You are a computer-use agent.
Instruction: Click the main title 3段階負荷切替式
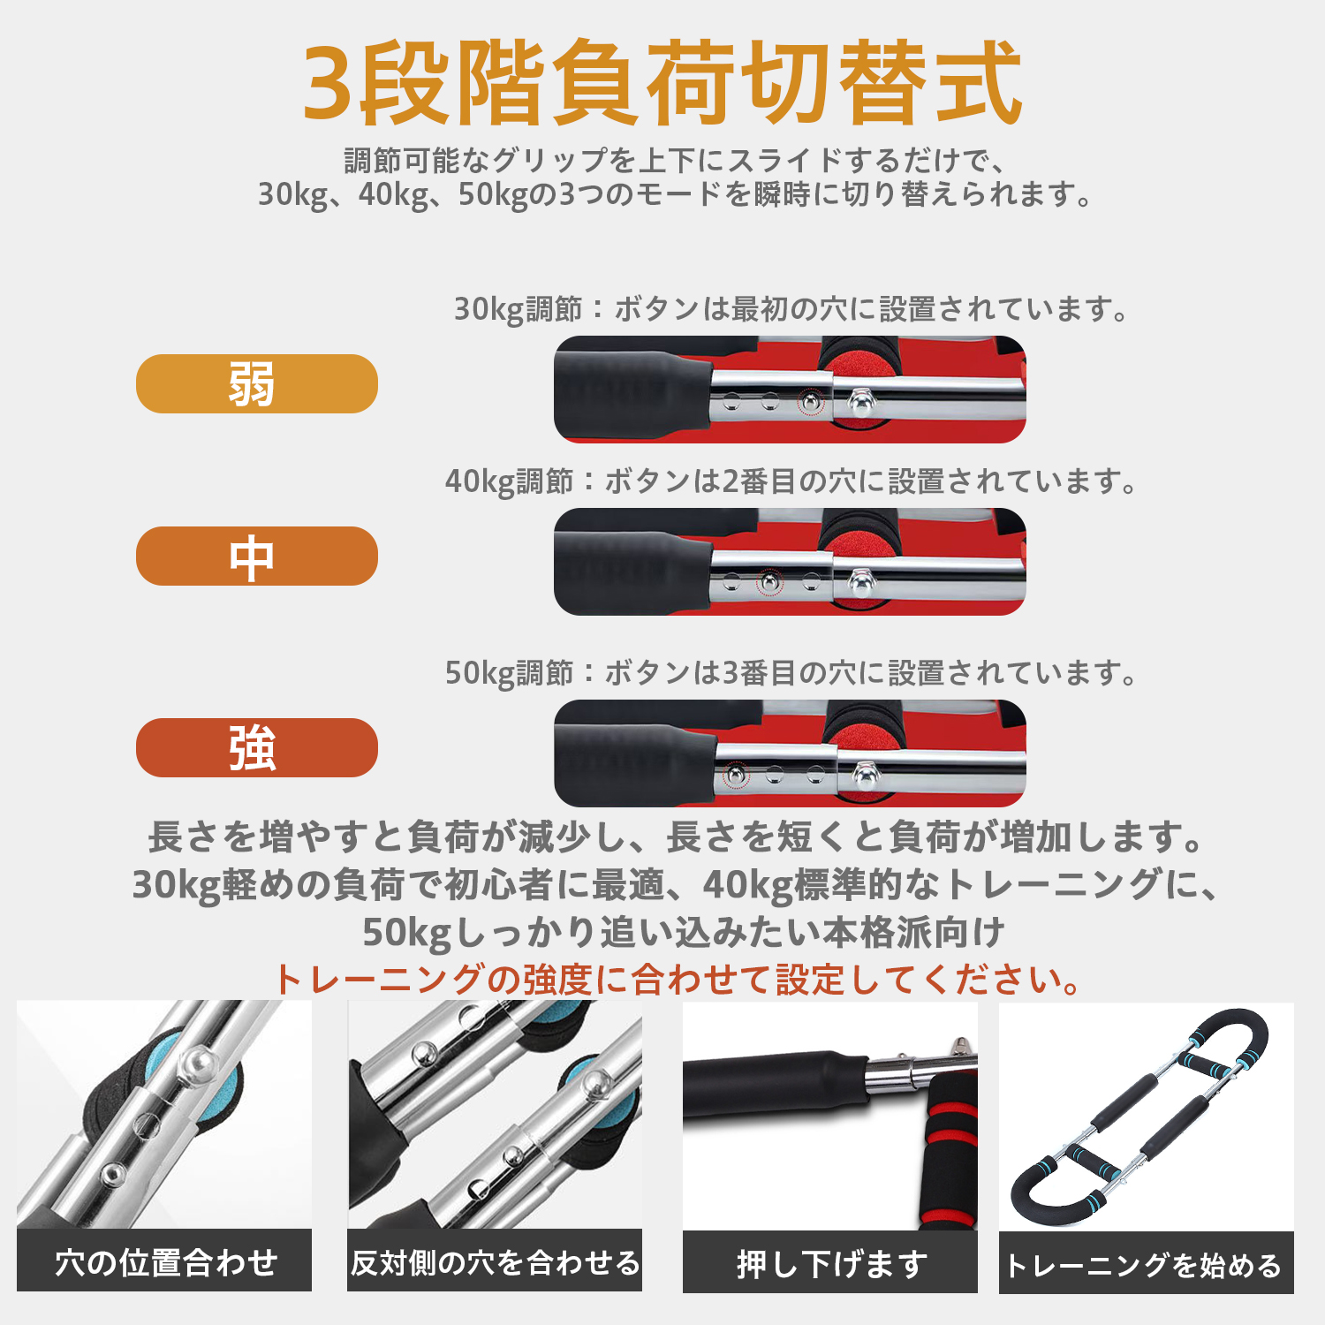[x=662, y=84]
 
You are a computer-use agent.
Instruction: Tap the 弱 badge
[x=256, y=384]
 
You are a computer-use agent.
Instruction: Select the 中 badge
[x=256, y=556]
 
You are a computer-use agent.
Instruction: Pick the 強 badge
[x=256, y=748]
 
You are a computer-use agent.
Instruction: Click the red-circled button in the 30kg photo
[x=810, y=403]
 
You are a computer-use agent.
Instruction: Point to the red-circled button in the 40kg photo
[x=770, y=581]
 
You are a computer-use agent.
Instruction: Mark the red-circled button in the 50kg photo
[x=735, y=776]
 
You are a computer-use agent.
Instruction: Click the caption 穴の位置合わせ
[x=164, y=1261]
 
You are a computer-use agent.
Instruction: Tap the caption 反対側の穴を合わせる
[x=495, y=1261]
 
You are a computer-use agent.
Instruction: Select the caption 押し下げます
[x=830, y=1263]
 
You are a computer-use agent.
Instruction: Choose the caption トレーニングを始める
[x=1146, y=1265]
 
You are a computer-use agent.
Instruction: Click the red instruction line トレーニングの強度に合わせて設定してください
[x=678, y=979]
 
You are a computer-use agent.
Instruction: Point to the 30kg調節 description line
[x=791, y=309]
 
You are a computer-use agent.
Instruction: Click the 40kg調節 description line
[x=791, y=481]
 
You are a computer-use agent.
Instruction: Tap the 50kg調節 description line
[x=791, y=673]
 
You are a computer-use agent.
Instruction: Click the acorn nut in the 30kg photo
[x=859, y=403]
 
